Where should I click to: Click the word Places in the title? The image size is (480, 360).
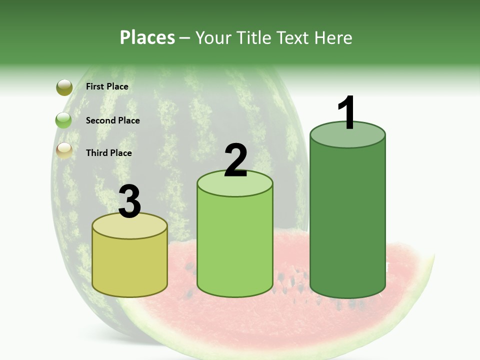tap(147, 37)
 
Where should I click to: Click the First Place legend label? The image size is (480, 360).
tap(107, 86)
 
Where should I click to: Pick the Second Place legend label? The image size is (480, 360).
tap(112, 120)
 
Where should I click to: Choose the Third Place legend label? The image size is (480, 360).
tap(108, 153)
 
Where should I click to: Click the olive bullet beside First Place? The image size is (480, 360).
tap(64, 87)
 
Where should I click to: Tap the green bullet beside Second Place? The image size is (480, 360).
tap(64, 120)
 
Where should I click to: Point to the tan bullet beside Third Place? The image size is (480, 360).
tap(64, 150)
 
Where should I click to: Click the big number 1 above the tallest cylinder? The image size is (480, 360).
tap(346, 113)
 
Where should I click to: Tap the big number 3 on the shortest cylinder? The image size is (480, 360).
tap(130, 202)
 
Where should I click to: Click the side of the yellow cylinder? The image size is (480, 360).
tap(130, 265)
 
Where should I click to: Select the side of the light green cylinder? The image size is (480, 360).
tap(235, 245)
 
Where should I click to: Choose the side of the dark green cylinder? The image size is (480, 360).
tap(347, 220)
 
